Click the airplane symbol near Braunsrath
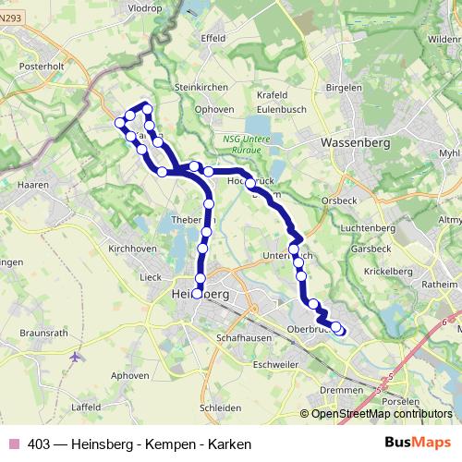[76, 356]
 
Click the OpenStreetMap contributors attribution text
[380, 414]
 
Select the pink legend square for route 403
[13, 444]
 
